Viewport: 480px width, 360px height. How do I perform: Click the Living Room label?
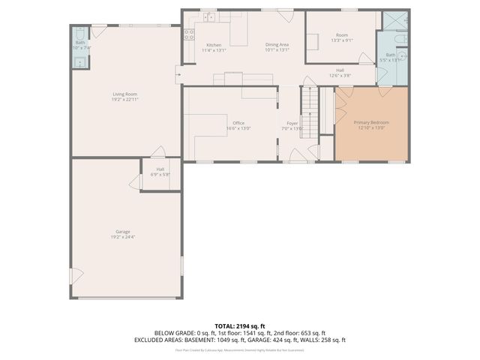pos(125,93)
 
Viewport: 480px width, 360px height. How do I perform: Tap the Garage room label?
pos(125,232)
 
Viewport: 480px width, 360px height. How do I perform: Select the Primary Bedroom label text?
pos(371,122)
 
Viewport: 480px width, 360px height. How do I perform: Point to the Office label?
pos(238,123)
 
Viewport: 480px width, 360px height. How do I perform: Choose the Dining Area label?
pos(277,45)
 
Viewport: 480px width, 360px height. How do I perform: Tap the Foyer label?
pos(292,123)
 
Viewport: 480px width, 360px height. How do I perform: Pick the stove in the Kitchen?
pos(188,34)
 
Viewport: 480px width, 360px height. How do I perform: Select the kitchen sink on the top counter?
pos(210,16)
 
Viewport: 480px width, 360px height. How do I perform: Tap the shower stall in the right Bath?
pos(395,20)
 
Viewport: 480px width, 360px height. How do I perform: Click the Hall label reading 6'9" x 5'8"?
pos(160,169)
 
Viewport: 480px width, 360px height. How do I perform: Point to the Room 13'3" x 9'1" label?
pos(342,35)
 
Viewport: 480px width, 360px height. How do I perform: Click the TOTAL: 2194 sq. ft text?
pos(240,325)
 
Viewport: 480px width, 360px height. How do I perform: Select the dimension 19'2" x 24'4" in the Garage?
pos(125,237)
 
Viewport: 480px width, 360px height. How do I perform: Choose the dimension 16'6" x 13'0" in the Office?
pos(238,128)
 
